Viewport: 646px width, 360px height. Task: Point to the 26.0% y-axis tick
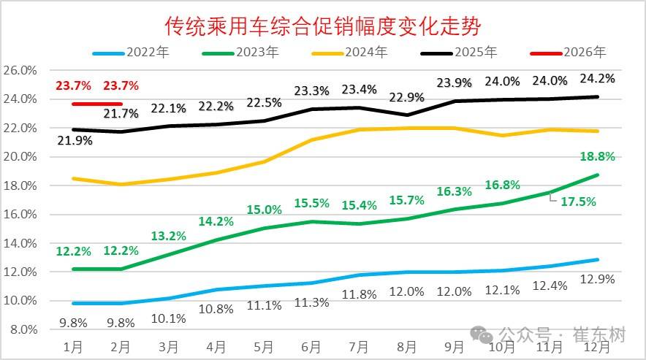click(x=20, y=70)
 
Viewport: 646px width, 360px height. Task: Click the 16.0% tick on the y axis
click(x=20, y=214)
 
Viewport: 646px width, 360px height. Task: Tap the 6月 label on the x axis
click(x=311, y=345)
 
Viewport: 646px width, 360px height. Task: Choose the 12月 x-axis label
click(x=597, y=345)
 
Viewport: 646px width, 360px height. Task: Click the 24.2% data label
click(x=597, y=77)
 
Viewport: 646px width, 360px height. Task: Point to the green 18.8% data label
click(x=597, y=156)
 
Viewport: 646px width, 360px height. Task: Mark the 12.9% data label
click(x=597, y=278)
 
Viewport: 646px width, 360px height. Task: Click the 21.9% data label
click(x=73, y=140)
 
